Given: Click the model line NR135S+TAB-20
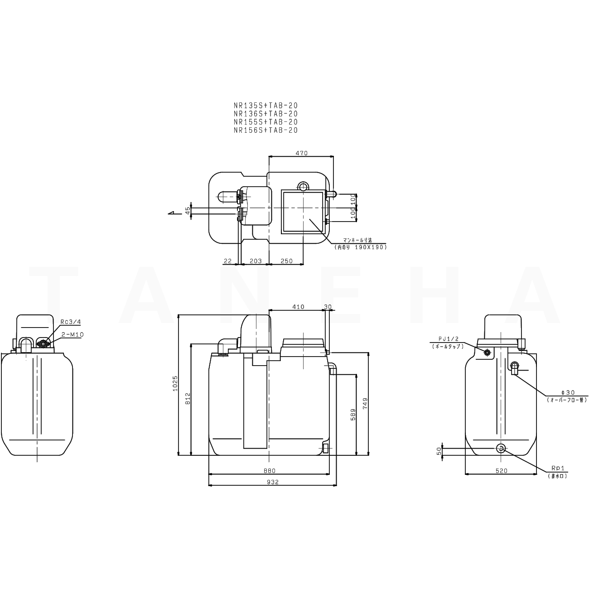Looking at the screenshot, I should coord(266,106).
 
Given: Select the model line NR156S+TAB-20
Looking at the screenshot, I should coord(266,130).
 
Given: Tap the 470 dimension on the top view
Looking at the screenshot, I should coord(301,153).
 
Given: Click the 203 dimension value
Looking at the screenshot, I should coord(256,261).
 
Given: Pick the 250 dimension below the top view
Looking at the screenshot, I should coord(286,261).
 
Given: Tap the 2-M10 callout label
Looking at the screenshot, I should coord(72,334).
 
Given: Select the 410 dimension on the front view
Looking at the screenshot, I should coord(298,307).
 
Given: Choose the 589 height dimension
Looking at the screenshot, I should coord(353,414).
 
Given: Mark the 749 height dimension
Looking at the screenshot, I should coord(366,403).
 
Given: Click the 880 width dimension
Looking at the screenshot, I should coord(269,471).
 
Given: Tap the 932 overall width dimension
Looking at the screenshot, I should coord(272,482).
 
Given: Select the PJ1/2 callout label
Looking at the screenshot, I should coord(448,339).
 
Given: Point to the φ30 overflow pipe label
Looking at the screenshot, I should coord(567,392).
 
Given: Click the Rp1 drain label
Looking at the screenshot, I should coord(557,468).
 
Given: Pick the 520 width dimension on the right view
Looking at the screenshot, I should coord(501,471).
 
